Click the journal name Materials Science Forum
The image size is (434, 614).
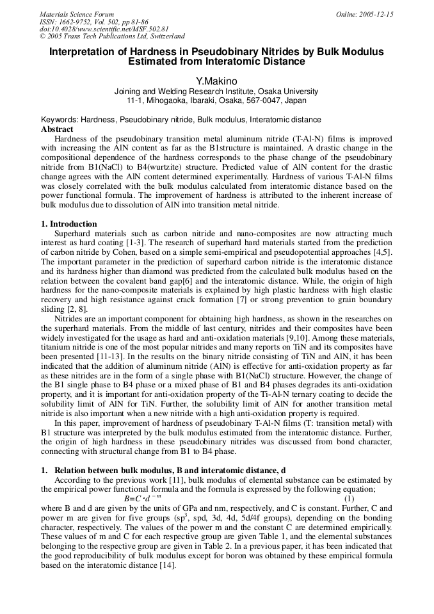pos(77,14)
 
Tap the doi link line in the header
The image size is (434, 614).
pos(104,29)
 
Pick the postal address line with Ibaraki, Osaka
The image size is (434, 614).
pos(216,101)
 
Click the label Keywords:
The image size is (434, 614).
pos(60,120)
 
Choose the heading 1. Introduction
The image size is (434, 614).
pos(69,224)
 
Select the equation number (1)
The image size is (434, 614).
pos(349,498)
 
